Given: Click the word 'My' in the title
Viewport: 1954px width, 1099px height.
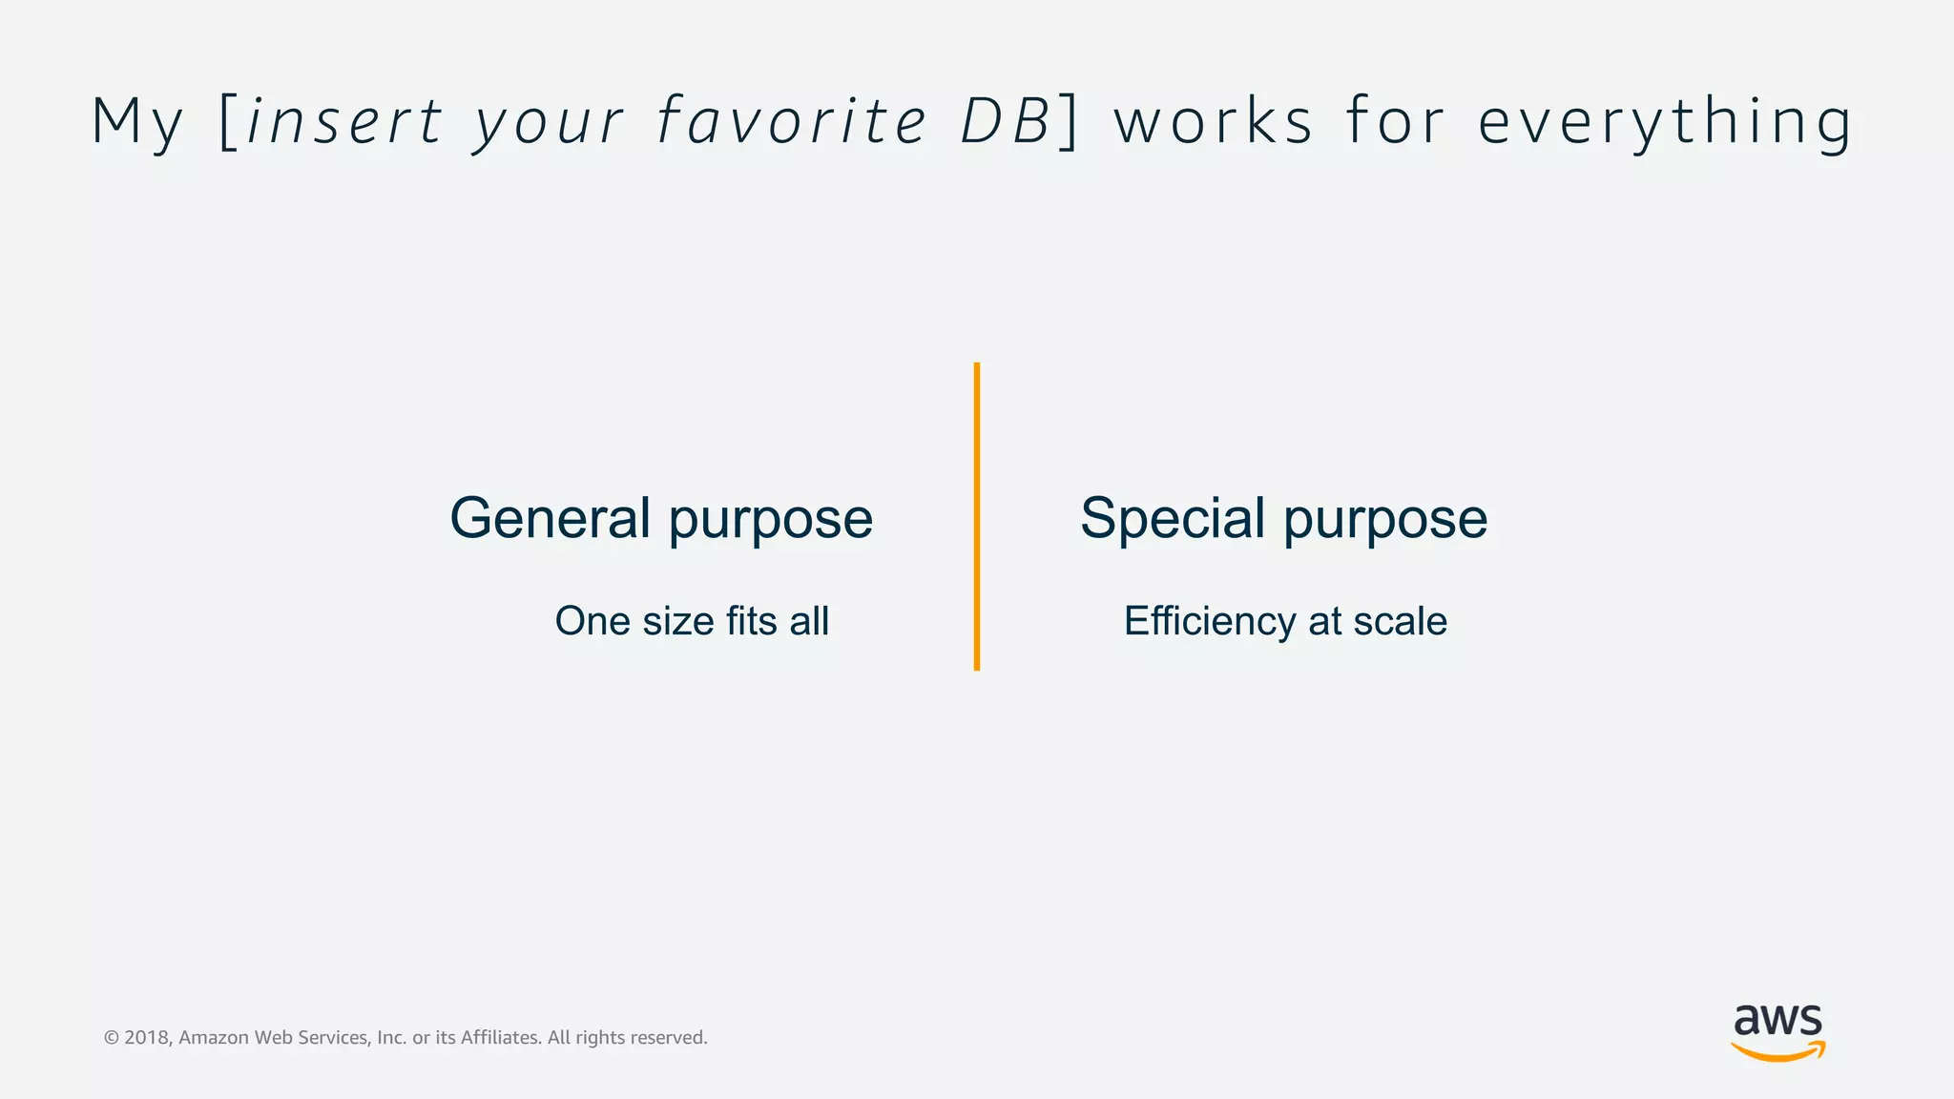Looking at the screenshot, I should [136, 122].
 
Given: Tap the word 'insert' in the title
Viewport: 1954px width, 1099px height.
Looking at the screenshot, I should [344, 122].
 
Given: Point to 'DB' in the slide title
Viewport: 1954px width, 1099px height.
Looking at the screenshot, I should [1005, 122].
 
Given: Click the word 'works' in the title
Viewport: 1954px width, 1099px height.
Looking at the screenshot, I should [1215, 122].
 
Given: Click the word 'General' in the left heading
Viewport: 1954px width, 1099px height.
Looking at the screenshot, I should [551, 518].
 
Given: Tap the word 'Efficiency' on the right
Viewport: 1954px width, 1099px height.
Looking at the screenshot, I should [1209, 622].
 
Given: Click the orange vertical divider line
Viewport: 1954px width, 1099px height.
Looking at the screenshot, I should [977, 516].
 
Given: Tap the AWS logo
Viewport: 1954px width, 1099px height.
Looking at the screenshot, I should [1778, 1031].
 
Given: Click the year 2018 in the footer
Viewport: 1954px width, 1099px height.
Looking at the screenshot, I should [146, 1038].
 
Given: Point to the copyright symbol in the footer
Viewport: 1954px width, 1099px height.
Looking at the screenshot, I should [112, 1038].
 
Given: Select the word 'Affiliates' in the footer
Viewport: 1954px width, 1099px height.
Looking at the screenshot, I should [501, 1038].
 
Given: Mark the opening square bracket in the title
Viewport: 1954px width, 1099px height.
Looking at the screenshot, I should [228, 122].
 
